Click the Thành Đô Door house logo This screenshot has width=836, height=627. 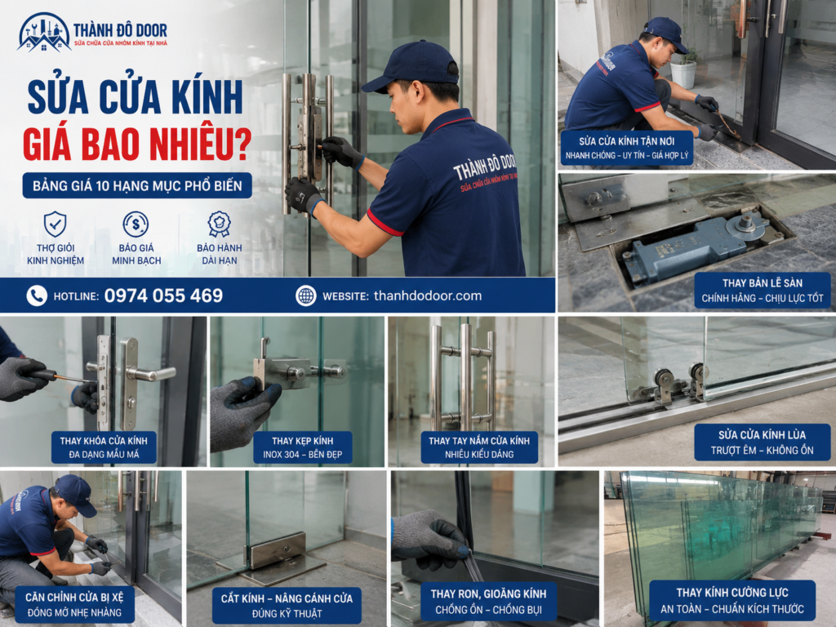pyautogui.click(x=44, y=33)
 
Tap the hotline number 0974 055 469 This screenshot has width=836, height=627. pyautogui.click(x=163, y=296)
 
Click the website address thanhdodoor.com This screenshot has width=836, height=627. pyautogui.click(x=428, y=296)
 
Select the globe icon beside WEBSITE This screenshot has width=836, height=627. pyautogui.click(x=306, y=296)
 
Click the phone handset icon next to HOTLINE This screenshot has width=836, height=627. pyautogui.click(x=37, y=296)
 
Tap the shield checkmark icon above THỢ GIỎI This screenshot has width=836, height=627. pyautogui.click(x=55, y=224)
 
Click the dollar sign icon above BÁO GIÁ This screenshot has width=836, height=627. pyautogui.click(x=136, y=224)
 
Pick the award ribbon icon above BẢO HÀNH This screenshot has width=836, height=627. pyautogui.click(x=219, y=224)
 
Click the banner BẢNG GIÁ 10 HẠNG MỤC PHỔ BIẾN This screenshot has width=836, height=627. pyautogui.click(x=137, y=185)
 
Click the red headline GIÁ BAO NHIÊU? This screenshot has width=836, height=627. pyautogui.click(x=137, y=143)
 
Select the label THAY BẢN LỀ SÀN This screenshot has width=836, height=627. pyautogui.click(x=763, y=283)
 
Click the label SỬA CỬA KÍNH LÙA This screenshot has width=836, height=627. pyautogui.click(x=762, y=434)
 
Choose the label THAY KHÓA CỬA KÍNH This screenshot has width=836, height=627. pyautogui.click(x=104, y=441)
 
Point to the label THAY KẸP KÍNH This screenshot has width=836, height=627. pyautogui.click(x=302, y=441)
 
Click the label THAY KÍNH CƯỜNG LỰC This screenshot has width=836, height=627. pyautogui.click(x=732, y=593)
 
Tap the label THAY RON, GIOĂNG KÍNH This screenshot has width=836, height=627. pyautogui.click(x=488, y=594)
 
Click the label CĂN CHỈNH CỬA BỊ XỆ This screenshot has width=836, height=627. pyautogui.click(x=74, y=597)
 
